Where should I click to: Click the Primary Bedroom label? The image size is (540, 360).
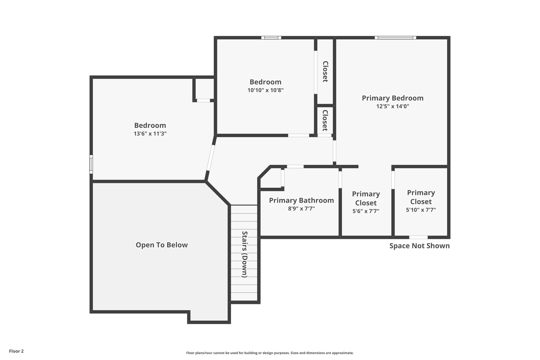(392, 98)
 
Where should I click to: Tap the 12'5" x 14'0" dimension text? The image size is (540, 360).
(392, 107)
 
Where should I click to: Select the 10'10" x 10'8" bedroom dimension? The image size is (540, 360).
(265, 90)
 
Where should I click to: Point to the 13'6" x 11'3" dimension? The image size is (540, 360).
(150, 134)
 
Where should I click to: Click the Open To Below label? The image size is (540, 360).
(162, 245)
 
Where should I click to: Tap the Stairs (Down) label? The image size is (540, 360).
(245, 254)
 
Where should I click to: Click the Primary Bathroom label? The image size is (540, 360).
(301, 200)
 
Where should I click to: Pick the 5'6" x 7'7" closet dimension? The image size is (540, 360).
(366, 211)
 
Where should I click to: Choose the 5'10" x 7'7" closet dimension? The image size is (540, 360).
(421, 210)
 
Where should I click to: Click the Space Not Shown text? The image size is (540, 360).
(419, 246)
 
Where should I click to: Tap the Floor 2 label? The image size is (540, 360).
(16, 351)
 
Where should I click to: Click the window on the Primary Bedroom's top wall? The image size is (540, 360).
(395, 38)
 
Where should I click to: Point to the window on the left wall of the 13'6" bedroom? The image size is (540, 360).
(91, 164)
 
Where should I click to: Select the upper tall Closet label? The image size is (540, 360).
(325, 72)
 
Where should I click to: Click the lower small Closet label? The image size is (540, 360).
(325, 120)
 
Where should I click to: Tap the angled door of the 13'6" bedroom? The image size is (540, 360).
(211, 157)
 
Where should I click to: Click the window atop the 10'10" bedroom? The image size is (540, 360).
(271, 38)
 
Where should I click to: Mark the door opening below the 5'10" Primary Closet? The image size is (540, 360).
(418, 237)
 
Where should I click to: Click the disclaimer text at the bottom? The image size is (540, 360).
(270, 353)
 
